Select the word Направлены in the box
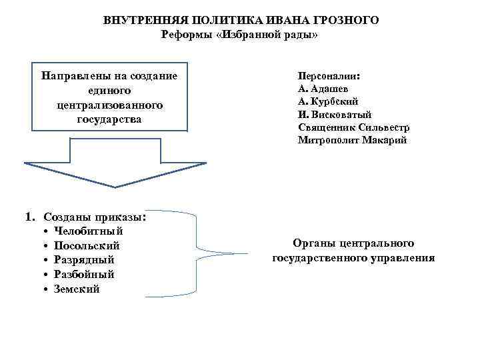tap(72, 75)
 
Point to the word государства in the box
tap(110, 120)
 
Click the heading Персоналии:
tap(329, 76)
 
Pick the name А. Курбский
tap(329, 101)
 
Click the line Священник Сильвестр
tap(354, 127)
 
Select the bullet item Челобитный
tap(89, 231)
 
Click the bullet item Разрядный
tap(85, 259)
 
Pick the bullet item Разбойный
tap(85, 274)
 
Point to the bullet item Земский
tap(77, 289)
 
